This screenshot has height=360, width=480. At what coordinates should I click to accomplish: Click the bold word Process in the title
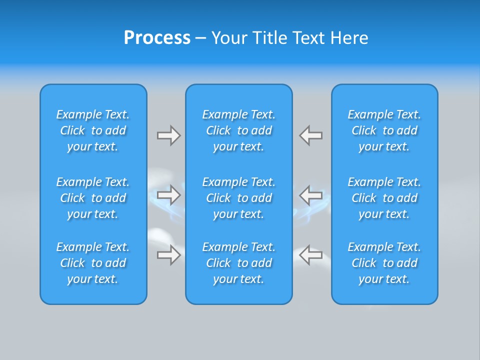click(157, 38)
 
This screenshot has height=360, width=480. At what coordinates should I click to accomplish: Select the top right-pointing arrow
click(168, 135)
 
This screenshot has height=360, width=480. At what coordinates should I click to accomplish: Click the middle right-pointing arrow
click(168, 195)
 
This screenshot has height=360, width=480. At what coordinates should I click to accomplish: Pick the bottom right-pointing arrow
click(168, 254)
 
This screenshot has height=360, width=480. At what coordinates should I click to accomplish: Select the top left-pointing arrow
click(311, 135)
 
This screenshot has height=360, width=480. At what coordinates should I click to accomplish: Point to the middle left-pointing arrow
click(311, 195)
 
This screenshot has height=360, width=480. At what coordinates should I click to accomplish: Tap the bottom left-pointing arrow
click(311, 254)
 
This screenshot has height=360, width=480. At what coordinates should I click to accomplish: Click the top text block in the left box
click(93, 130)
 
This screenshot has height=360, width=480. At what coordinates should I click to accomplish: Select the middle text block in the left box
click(93, 198)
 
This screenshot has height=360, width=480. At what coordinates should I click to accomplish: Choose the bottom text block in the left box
click(93, 263)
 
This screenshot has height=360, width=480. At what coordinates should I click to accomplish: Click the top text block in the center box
click(239, 130)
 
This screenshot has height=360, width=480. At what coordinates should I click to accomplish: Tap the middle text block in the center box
click(239, 198)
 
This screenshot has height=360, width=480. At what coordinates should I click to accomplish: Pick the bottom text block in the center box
click(239, 263)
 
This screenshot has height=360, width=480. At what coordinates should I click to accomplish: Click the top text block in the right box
click(384, 130)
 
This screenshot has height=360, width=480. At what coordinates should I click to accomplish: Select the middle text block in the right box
click(384, 198)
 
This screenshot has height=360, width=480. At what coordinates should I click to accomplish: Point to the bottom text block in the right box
click(384, 263)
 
